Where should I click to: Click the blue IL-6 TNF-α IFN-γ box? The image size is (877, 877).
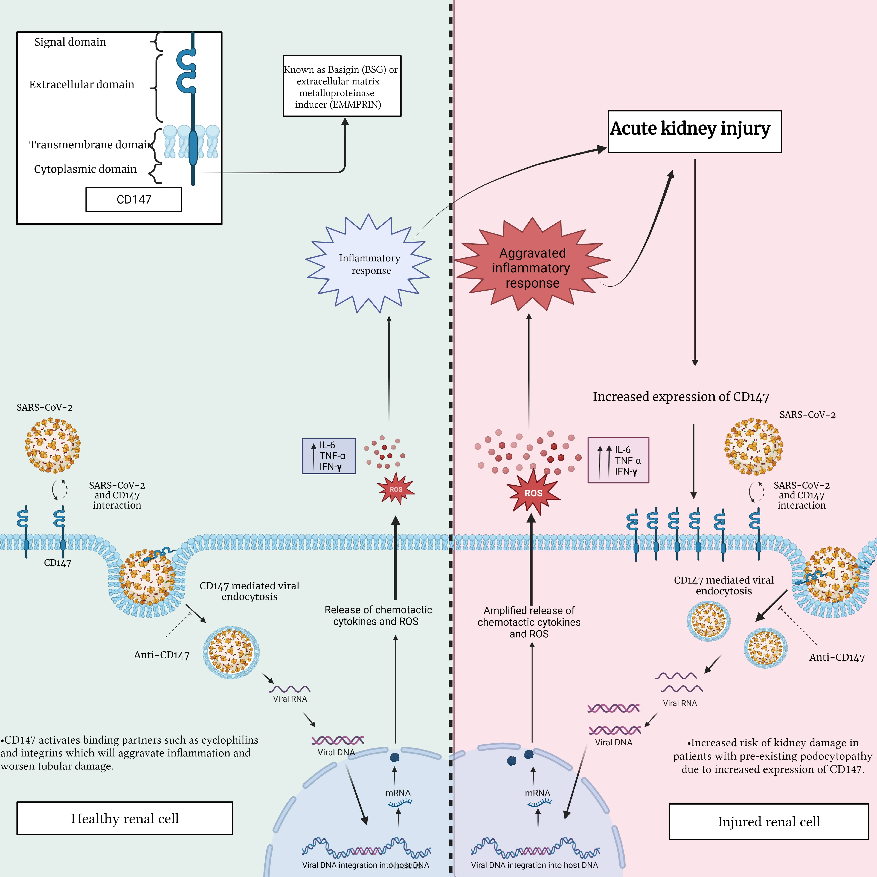329,456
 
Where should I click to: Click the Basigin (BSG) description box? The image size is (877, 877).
342,86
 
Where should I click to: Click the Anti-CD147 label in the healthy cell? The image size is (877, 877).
162,655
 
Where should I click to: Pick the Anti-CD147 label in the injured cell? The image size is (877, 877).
837,657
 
